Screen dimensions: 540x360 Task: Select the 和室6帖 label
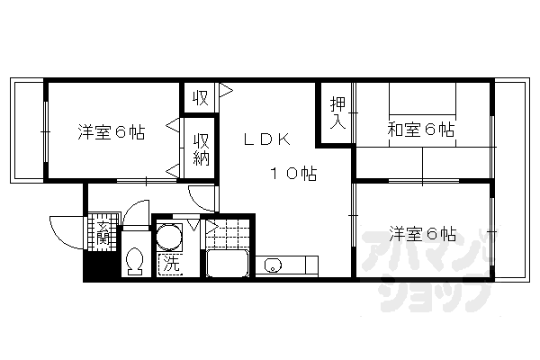click(421, 130)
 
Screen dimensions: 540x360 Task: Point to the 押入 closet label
click(336, 113)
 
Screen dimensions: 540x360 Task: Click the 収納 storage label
click(202, 148)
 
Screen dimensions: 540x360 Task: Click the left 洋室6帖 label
click(111, 132)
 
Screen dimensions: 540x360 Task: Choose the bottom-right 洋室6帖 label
click(422, 234)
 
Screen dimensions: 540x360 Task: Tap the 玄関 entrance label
click(103, 233)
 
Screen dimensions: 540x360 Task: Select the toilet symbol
click(135, 260)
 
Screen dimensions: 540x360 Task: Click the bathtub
click(229, 265)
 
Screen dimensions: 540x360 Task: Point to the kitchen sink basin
click(274, 265)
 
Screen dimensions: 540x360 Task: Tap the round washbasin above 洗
click(168, 238)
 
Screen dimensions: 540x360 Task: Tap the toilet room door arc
click(136, 214)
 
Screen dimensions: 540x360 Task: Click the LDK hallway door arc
click(202, 196)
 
